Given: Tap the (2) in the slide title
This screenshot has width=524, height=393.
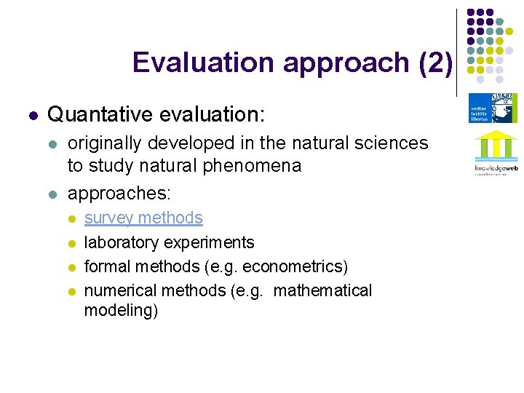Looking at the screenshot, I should tap(436, 63).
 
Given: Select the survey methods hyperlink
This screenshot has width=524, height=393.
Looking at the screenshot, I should tap(143, 218).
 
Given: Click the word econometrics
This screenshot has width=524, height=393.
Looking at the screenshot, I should tap(297, 266).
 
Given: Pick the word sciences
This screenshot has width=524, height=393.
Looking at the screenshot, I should tap(393, 143).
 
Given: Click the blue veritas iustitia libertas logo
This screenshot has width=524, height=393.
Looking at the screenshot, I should tap(493, 108).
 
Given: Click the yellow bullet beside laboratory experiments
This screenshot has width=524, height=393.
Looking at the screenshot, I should tap(71, 243).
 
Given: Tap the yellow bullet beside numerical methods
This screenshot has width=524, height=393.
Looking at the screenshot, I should tap(71, 291).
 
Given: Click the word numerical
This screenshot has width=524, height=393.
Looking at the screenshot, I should tap(120, 290).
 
